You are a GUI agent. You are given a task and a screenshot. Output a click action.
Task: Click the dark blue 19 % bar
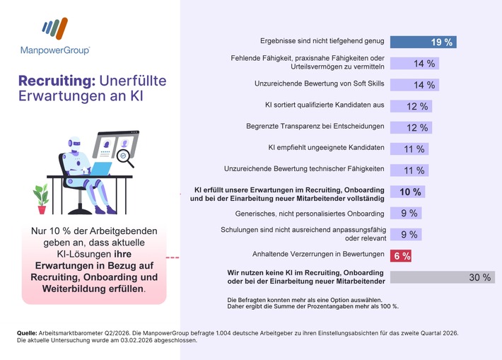[422, 42]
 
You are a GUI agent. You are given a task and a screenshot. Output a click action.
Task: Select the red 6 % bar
[401, 255]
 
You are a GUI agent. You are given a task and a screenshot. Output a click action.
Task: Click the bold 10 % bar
[409, 192]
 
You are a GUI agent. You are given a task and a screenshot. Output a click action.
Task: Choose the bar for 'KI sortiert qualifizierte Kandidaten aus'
[411, 106]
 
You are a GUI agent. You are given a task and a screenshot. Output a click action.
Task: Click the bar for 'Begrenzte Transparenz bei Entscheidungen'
[411, 127]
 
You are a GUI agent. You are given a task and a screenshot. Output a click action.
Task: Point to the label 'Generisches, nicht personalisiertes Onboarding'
[310, 213]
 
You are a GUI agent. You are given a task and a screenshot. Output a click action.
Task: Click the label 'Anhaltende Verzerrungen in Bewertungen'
[318, 254]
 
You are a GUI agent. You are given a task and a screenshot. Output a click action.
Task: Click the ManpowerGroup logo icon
[54, 30]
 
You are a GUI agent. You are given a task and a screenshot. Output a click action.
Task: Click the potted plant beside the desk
[41, 199]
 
